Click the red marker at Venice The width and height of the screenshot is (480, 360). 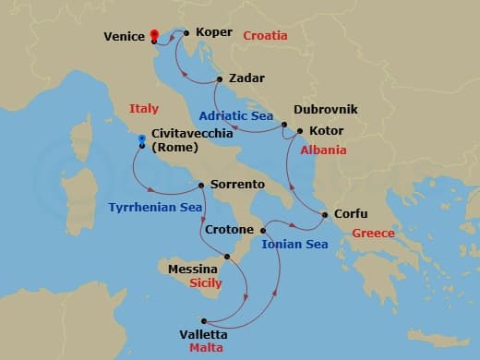(154, 35)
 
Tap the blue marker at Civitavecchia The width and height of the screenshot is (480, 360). (141, 139)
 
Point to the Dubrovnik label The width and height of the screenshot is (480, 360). (325, 109)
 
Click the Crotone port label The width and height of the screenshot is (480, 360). (231, 227)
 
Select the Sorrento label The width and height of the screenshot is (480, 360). (238, 185)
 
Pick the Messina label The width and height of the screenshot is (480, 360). (193, 269)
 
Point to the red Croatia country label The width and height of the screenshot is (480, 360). (266, 35)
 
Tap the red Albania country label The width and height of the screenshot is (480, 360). (323, 150)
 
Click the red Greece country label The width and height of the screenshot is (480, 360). (373, 234)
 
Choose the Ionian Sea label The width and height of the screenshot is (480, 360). (295, 245)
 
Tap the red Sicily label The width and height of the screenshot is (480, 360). (204, 284)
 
